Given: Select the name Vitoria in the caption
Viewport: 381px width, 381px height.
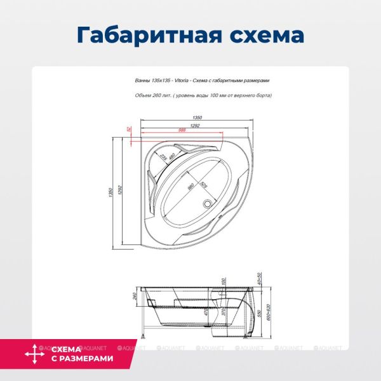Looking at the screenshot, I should (x=171, y=81).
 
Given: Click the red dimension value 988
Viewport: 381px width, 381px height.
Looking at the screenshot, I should (x=182, y=130).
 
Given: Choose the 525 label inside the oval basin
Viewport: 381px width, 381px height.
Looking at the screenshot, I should (x=204, y=185).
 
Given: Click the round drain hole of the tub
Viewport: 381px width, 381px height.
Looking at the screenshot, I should (x=206, y=204).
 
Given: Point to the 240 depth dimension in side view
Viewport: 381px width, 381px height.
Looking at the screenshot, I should (x=135, y=295).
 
